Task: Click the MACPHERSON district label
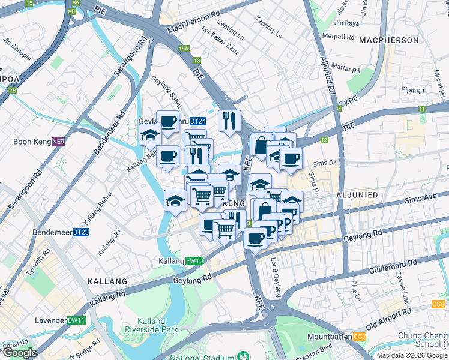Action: click(x=388, y=40)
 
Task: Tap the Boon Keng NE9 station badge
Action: click(x=58, y=142)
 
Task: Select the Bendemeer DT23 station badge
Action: click(x=80, y=232)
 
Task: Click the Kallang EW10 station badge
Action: click(x=195, y=261)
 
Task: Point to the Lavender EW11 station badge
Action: click(x=77, y=320)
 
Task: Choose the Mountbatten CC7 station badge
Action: click(x=360, y=337)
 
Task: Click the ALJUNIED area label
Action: click(x=360, y=196)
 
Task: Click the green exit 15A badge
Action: click(x=183, y=49)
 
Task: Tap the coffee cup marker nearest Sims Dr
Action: click(x=291, y=159)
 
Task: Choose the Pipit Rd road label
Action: click(x=413, y=90)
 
